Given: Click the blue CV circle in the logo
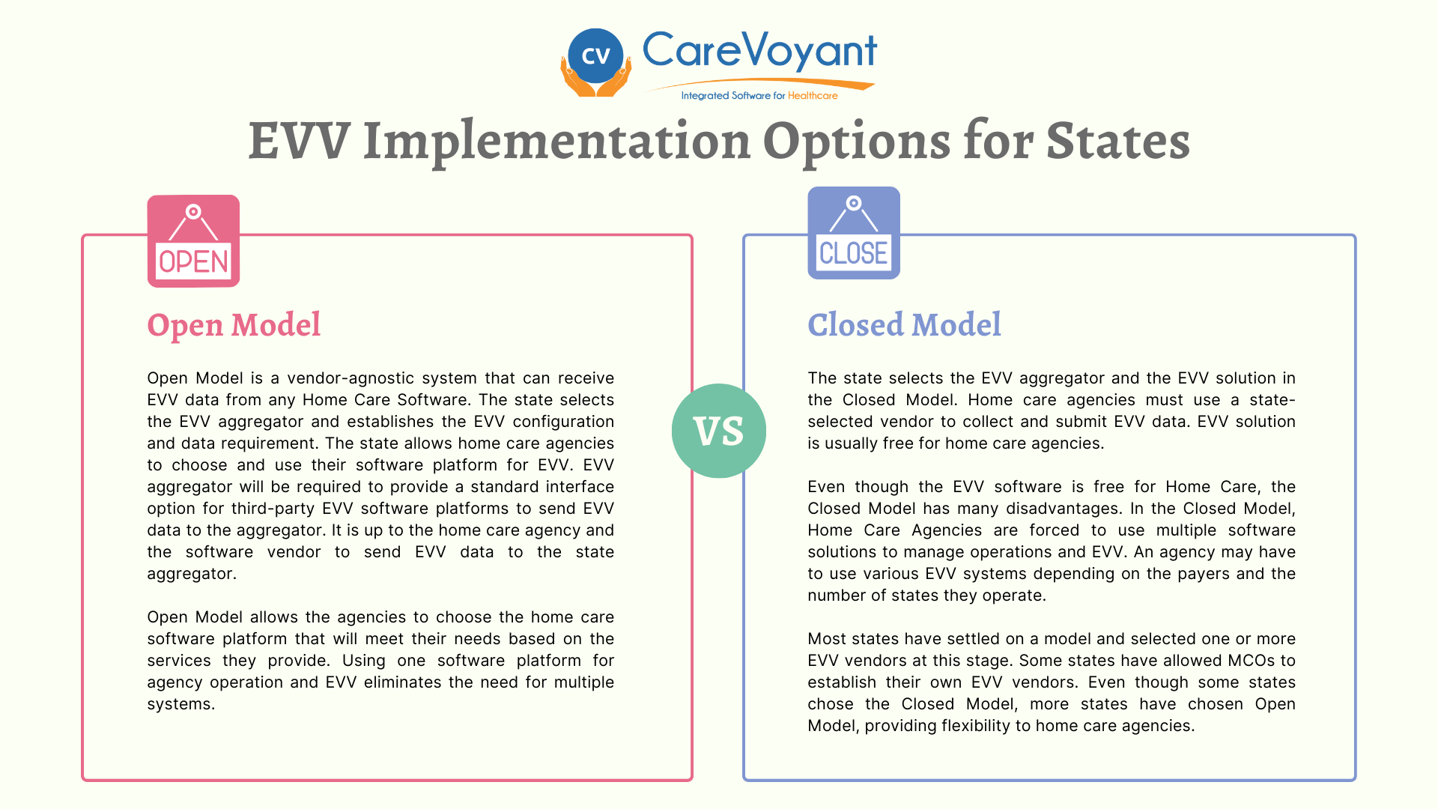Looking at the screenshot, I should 595,55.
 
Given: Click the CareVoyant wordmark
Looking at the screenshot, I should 759,51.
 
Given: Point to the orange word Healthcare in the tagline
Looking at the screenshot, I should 813,96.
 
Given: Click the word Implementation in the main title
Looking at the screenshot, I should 556,141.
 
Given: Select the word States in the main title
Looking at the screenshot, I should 1117,141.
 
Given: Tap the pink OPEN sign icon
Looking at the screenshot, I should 193,242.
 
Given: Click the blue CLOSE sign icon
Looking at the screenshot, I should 854,234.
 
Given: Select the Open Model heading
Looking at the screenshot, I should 234,325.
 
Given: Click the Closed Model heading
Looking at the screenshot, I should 904,325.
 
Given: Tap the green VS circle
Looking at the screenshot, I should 719,431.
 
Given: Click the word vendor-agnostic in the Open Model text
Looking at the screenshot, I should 345,378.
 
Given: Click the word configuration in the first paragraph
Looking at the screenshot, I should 563,422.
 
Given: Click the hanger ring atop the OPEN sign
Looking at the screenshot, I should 193,212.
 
